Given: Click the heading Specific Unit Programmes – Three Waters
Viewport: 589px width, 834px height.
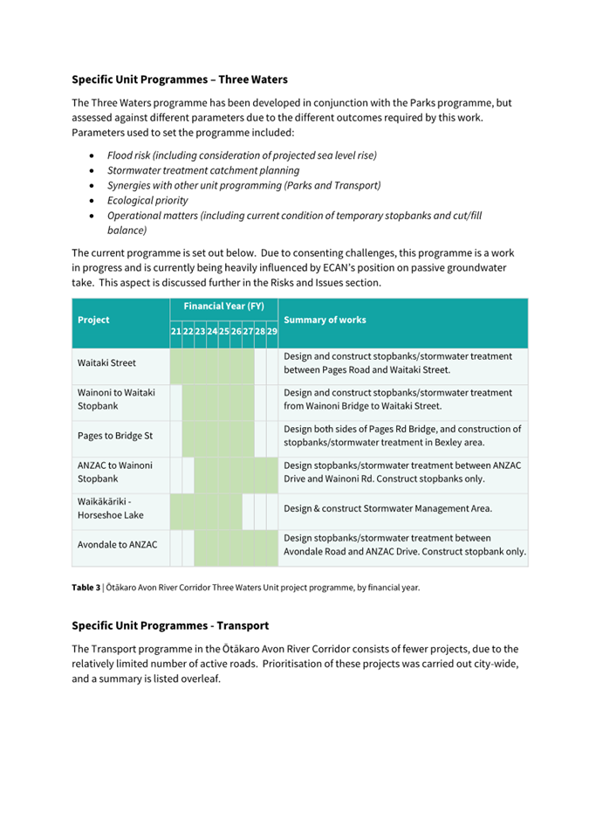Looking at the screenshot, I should tap(179, 79).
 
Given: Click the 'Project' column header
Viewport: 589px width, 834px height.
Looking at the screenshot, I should tap(93, 320).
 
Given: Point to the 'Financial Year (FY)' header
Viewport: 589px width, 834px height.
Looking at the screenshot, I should tap(223, 307).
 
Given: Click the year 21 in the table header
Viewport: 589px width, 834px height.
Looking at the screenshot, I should tap(176, 332).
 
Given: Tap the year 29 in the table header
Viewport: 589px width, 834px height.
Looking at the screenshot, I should tap(272, 332).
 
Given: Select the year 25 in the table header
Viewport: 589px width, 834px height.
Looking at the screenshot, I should tap(224, 332).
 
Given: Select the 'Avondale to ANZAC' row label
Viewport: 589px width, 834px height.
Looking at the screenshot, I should tap(117, 545).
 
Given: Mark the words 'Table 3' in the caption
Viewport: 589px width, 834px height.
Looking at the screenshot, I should tap(86, 588).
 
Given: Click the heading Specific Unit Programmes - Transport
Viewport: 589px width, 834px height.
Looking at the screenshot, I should tap(170, 626).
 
